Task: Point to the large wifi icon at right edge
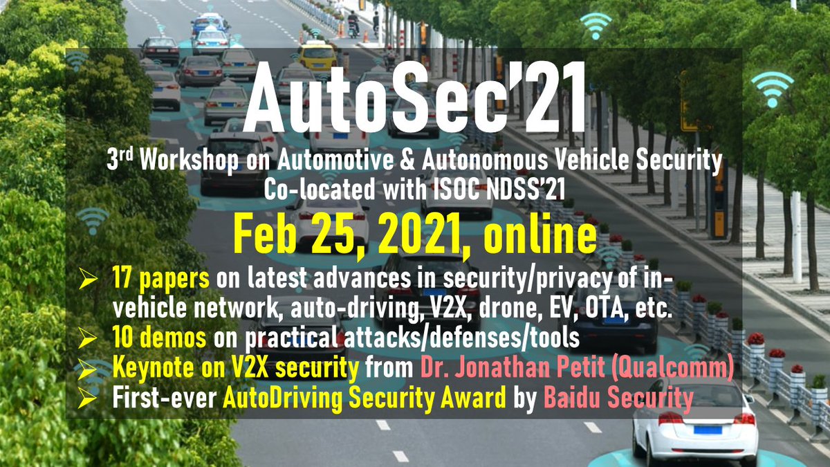point(772,86)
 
